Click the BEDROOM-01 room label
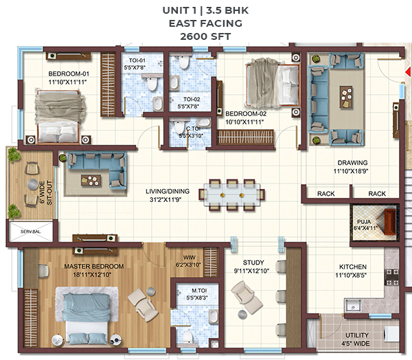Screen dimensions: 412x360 point(69,74)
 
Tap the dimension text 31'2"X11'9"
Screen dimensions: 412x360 point(165,200)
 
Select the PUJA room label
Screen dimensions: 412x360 point(364,222)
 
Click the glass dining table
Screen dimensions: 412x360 point(232,195)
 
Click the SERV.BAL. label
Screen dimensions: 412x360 point(31,232)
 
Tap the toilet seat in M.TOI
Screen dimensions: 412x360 point(187,337)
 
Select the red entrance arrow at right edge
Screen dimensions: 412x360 point(409,71)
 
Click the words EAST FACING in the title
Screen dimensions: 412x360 point(205,23)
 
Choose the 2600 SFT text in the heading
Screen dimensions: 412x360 point(205,36)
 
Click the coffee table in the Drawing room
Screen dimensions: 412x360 point(346,97)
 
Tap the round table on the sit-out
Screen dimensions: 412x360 point(32,184)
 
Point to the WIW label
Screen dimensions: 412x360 point(190,258)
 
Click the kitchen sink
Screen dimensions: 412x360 point(353,306)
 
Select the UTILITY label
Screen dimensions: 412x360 point(356,335)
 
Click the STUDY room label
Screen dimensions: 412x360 point(253,262)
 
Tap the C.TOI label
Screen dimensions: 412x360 point(193,128)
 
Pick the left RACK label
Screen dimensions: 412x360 point(325,194)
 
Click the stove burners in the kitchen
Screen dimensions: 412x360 point(392,277)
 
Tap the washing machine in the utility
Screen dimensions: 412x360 point(392,335)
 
